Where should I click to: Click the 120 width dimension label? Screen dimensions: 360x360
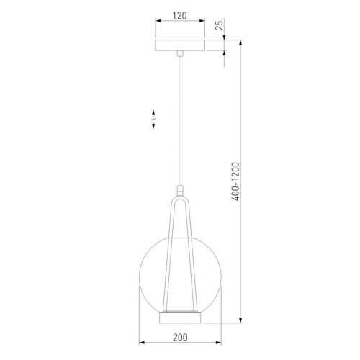[180, 16]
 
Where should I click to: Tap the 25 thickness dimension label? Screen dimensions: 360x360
[219, 25]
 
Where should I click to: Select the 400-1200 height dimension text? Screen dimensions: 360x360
[235, 181]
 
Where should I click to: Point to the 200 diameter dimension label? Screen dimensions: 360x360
[180, 337]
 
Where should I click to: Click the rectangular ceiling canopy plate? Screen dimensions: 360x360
[180, 45]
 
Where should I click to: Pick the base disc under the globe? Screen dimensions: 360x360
[180, 318]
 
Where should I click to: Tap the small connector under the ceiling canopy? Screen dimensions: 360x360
[180, 53]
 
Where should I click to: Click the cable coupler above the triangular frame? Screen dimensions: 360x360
[180, 191]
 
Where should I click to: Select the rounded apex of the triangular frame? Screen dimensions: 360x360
[180, 199]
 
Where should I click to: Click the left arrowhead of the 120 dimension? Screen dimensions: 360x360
[158, 21]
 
